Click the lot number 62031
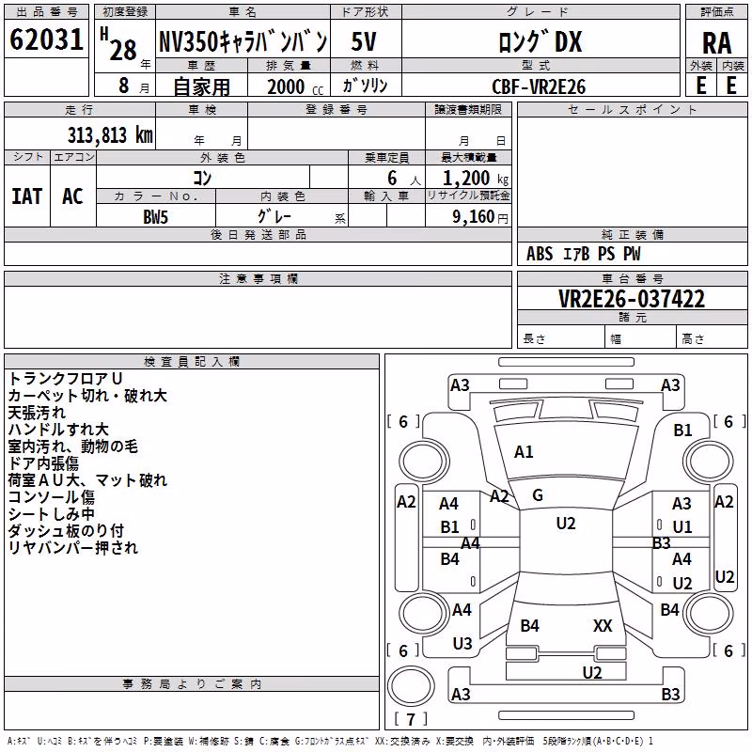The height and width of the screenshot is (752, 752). tap(46, 39)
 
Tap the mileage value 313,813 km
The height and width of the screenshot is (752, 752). tap(110, 135)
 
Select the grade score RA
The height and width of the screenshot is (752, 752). tap(716, 43)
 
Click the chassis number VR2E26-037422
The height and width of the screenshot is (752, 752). tap(632, 299)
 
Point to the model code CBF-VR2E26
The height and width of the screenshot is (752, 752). tap(539, 86)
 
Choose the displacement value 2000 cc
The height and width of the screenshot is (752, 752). tap(295, 86)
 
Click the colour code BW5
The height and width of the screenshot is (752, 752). tap(155, 217)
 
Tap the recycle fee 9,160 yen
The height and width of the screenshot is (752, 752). tap(480, 217)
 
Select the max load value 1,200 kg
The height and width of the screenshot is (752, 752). tap(476, 179)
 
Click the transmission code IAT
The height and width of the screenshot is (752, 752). tap(27, 196)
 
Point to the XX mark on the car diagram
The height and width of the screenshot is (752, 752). tap(603, 625)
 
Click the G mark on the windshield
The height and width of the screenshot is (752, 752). tap(538, 495)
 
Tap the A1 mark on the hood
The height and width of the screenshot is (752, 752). tap(524, 451)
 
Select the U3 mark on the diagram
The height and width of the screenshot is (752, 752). tap(462, 643)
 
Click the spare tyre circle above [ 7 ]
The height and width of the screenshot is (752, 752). tap(411, 686)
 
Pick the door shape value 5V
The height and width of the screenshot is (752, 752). tap(364, 41)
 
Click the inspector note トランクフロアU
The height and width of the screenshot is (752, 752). tap(65, 379)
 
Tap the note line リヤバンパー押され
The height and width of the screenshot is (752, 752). tap(73, 547)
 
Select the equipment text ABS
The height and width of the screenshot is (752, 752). tap(540, 254)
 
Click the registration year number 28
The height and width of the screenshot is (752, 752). tap(123, 50)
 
